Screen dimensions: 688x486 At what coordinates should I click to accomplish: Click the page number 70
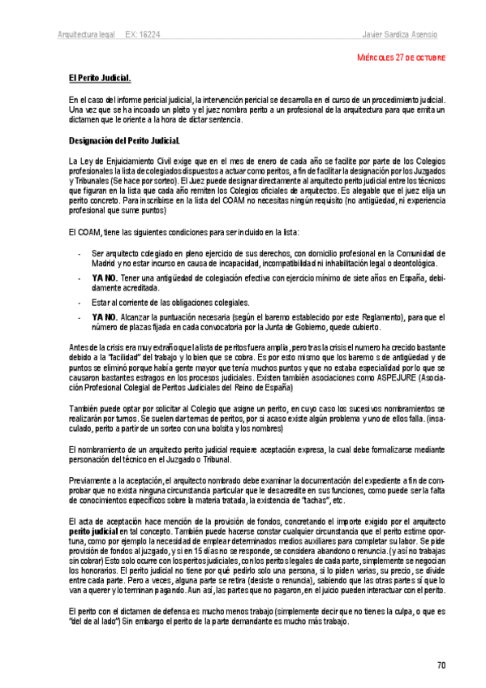(x=441, y=666)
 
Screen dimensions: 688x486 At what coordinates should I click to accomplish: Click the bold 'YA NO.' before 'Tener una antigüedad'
(x=105, y=277)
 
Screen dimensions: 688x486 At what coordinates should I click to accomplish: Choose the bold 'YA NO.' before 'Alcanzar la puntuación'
(x=105, y=316)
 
